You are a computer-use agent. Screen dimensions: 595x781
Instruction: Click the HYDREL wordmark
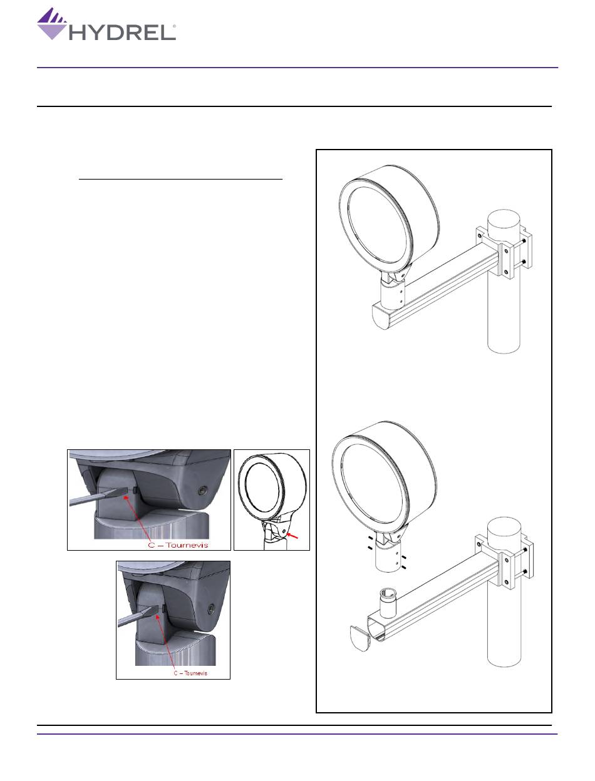[x=122, y=33]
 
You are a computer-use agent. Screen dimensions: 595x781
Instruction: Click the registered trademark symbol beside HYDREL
[x=174, y=26]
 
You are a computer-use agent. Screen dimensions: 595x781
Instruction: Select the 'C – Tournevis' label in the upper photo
[x=178, y=544]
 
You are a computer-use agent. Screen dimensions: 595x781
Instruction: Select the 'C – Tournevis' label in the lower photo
[x=190, y=673]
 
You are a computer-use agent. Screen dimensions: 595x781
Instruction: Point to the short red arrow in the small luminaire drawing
[x=292, y=535]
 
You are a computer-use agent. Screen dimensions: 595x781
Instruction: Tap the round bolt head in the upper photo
[x=202, y=490]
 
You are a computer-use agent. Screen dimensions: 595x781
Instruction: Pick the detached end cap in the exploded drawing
[x=360, y=638]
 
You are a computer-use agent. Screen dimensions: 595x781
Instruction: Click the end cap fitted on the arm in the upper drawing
[x=382, y=315]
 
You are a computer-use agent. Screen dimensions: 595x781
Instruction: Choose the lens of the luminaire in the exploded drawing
[x=373, y=484]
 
